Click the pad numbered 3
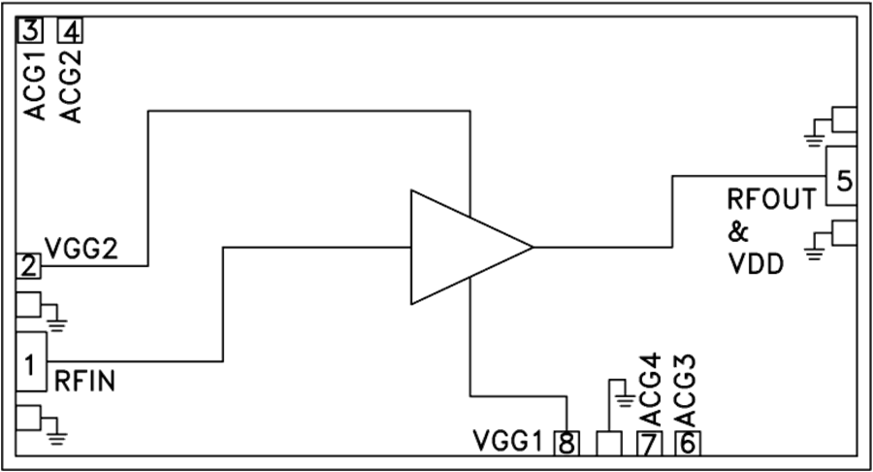click(x=29, y=30)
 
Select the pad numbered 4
click(x=70, y=30)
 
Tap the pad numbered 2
click(x=28, y=266)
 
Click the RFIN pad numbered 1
click(x=31, y=361)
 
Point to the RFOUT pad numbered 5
click(x=841, y=176)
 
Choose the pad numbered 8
click(x=566, y=444)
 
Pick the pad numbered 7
click(x=650, y=444)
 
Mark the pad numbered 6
click(x=688, y=444)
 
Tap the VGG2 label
click(x=81, y=248)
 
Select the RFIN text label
click(x=84, y=381)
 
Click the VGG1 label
click(x=507, y=441)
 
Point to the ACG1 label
click(x=35, y=84)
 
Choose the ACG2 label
click(x=70, y=85)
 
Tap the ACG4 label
click(x=650, y=389)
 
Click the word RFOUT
click(x=772, y=199)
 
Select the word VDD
click(x=756, y=263)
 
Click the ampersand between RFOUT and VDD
click(x=738, y=231)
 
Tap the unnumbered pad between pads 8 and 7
click(x=608, y=444)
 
